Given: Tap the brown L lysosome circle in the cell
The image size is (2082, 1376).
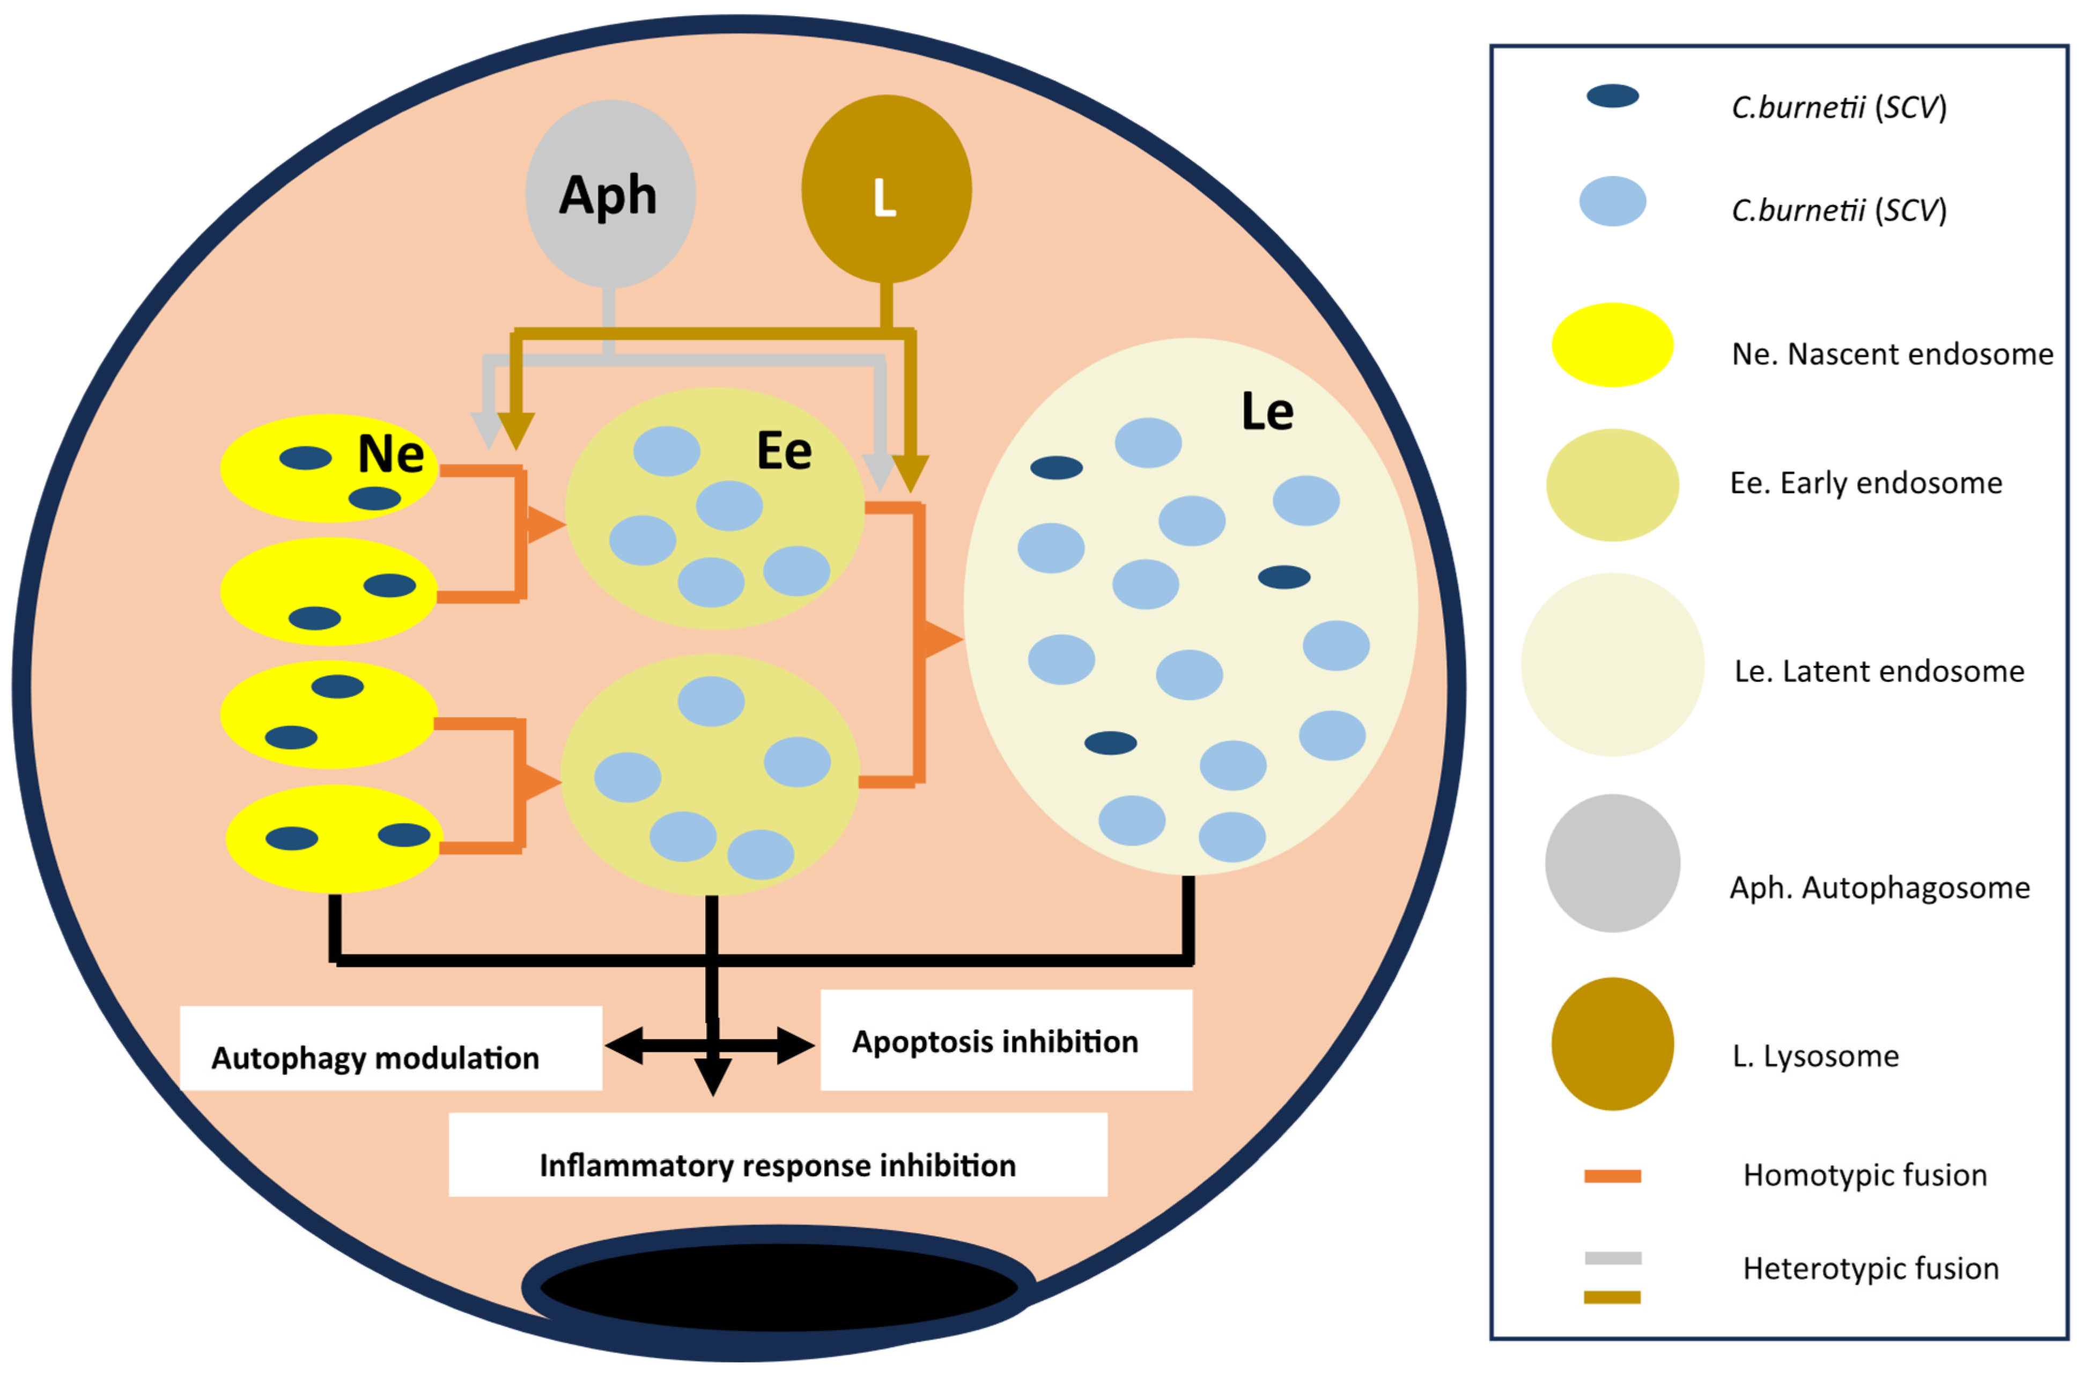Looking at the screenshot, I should pyautogui.click(x=886, y=189).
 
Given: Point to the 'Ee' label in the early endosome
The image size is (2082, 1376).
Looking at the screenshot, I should pyautogui.click(x=784, y=452).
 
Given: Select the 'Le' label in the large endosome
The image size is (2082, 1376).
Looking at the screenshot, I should pyautogui.click(x=1267, y=411).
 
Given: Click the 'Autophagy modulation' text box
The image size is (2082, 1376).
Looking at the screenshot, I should pyautogui.click(x=390, y=1049).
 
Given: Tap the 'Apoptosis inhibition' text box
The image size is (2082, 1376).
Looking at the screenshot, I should pyautogui.click(x=1006, y=1041).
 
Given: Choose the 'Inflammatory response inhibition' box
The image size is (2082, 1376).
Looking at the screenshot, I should pyautogui.click(x=777, y=1155).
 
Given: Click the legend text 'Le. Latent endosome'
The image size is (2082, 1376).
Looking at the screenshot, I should pyautogui.click(x=1878, y=671).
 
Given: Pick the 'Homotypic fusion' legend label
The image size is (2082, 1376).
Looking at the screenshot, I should pyautogui.click(x=1864, y=1175).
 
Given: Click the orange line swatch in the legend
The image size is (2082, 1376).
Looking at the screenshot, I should pyautogui.click(x=1612, y=1176).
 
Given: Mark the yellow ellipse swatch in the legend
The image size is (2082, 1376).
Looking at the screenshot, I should pyautogui.click(x=1612, y=345).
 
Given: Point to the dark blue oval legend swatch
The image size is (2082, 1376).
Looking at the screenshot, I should pyautogui.click(x=1612, y=95).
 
